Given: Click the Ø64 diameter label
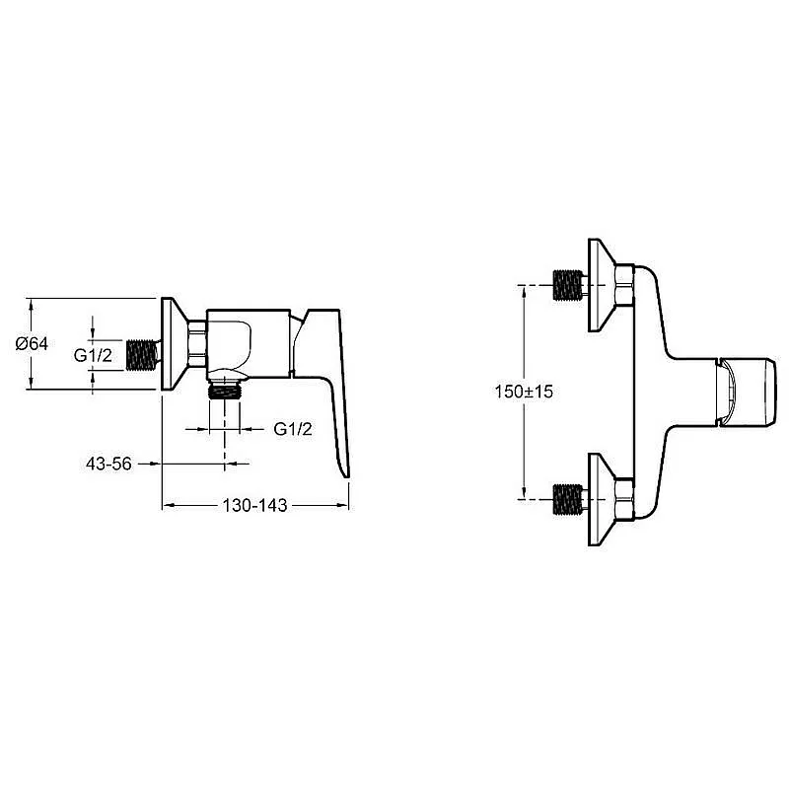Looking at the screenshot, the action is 32,343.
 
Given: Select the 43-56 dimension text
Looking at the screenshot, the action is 108,464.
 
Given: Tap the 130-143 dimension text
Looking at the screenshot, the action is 255,505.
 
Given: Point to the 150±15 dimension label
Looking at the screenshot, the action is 524,391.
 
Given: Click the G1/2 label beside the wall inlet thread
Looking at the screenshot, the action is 93,355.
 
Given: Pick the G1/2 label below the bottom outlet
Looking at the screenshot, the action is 293,429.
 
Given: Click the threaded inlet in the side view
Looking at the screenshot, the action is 141,355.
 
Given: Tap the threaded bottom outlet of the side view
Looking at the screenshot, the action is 225,390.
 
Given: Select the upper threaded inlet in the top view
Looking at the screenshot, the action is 568,285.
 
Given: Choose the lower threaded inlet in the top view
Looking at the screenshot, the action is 568,499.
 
